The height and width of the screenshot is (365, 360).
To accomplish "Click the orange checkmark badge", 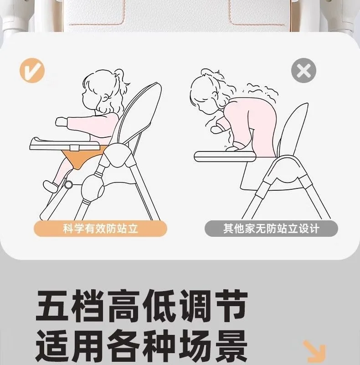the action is (32, 70).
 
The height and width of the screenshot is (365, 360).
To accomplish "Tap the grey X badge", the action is (303, 70).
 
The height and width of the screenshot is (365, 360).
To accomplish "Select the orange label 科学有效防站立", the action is (100, 229).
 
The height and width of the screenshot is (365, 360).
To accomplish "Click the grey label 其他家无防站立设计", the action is (271, 229).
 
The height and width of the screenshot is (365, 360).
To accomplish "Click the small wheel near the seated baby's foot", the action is (68, 185).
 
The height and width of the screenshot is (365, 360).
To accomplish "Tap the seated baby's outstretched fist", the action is (62, 122).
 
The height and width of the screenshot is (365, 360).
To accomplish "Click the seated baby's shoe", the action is (50, 186).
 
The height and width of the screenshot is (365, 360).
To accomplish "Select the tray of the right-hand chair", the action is (225, 156).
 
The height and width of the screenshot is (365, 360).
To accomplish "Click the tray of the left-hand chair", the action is (65, 144).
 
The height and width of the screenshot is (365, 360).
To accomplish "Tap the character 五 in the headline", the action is (53, 306).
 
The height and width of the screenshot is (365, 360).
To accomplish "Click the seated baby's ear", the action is (106, 97).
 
